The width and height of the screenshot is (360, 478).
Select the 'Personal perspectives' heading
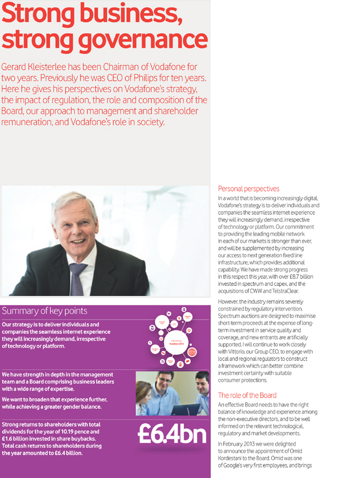tap(248, 189)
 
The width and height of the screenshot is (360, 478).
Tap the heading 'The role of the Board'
tap(247, 395)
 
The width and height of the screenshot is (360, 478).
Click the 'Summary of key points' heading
tap(45, 310)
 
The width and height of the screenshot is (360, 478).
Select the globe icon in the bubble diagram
tap(192, 352)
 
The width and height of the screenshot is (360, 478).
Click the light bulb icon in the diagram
tap(189, 331)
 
